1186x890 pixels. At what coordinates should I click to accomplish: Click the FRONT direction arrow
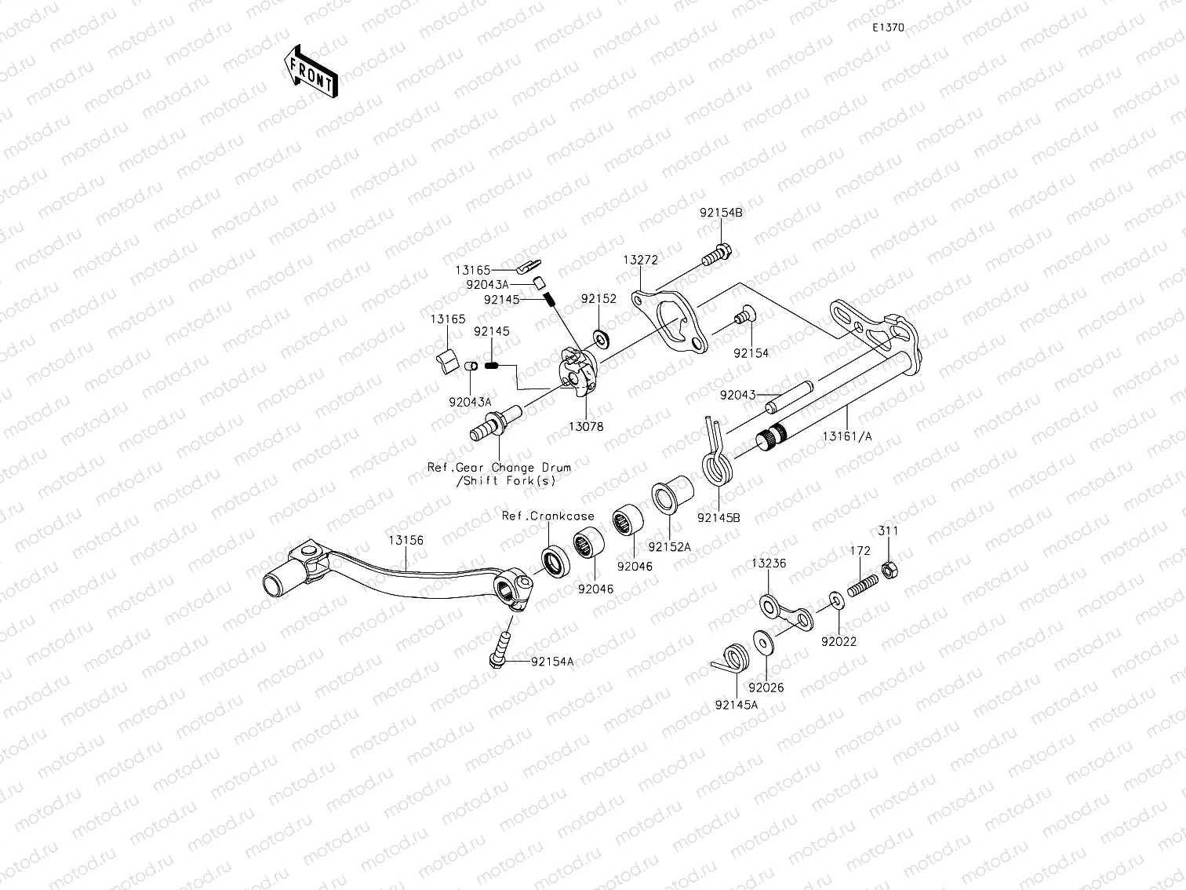[310, 71]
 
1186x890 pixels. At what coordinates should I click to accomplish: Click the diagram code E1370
[889, 27]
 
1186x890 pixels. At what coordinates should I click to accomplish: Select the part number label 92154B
[721, 213]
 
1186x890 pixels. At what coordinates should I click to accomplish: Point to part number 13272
[640, 260]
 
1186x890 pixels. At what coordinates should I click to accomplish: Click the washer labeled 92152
[602, 338]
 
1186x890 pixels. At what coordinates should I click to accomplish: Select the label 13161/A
[846, 436]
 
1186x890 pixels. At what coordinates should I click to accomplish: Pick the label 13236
[768, 564]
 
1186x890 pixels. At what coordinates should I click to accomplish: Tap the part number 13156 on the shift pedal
[405, 541]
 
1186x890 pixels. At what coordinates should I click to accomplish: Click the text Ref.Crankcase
[548, 516]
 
